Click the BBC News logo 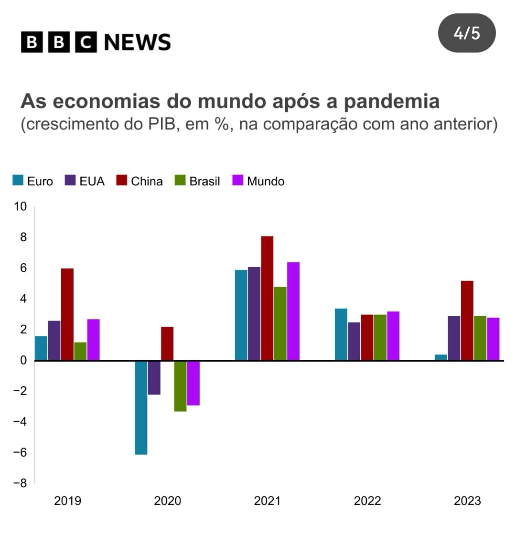(x=96, y=42)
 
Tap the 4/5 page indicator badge (x=467, y=33)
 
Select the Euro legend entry (x=32, y=181)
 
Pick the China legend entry (x=140, y=181)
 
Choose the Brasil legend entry (x=198, y=181)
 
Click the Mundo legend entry (x=258, y=181)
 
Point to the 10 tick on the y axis (x=21, y=206)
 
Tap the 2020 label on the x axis (x=167, y=501)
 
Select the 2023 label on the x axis (x=467, y=501)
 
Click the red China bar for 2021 (x=267, y=298)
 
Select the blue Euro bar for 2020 (x=141, y=408)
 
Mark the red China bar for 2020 (x=167, y=343)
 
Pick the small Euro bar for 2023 (x=441, y=357)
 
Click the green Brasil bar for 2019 (x=80, y=351)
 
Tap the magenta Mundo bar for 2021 (x=293, y=311)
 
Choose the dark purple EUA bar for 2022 (x=354, y=341)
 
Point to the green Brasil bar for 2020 (x=180, y=386)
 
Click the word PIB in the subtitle (x=157, y=124)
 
